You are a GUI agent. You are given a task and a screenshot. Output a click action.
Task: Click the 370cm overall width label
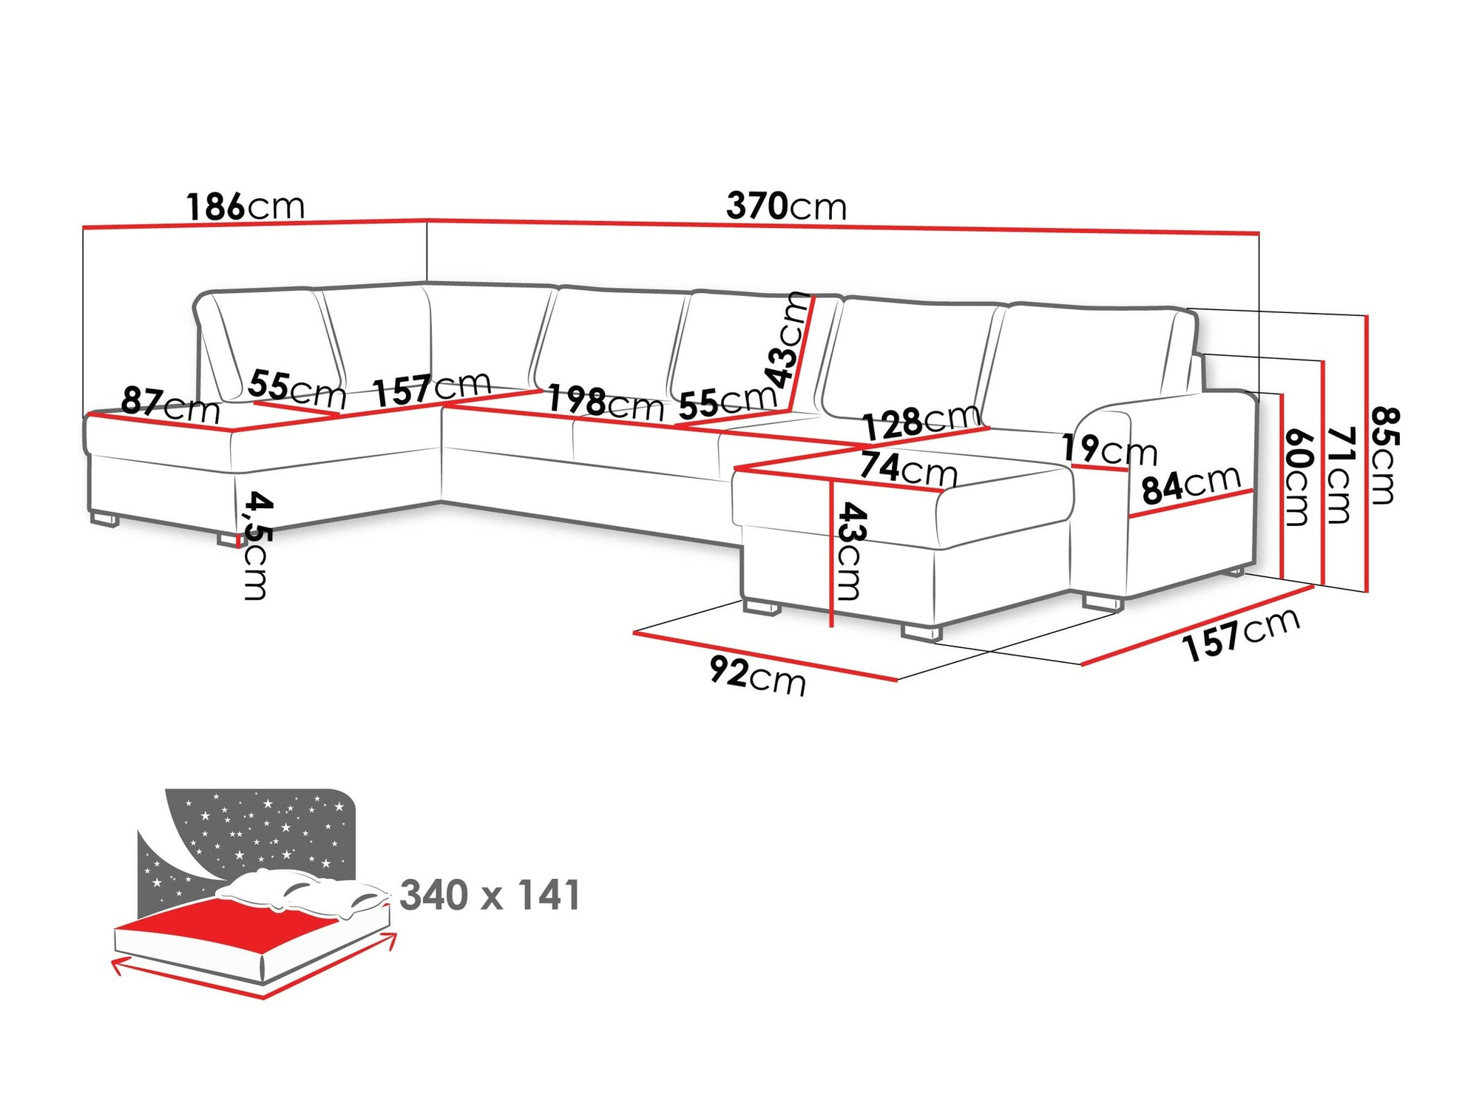pos(786,206)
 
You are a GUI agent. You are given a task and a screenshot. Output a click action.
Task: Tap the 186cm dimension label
pos(245,206)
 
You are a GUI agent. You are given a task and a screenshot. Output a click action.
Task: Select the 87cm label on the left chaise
pos(170,404)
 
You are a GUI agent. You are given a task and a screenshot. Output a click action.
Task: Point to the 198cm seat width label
pos(605,403)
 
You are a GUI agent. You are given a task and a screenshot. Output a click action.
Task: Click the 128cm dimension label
pos(921,422)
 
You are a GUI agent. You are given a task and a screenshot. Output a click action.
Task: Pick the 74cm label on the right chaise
pos(908,468)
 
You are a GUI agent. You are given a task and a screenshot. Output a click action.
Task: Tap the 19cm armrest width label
pos(1109,449)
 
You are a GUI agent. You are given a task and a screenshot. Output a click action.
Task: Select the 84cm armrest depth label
pos(1191,485)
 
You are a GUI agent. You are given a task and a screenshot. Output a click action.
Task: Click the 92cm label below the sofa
pos(757,675)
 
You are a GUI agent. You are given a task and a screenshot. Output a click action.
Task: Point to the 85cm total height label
pos(1383,455)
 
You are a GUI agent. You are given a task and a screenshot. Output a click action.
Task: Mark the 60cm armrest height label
pos(1298,477)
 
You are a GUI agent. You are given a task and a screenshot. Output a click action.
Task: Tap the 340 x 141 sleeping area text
pos(490,895)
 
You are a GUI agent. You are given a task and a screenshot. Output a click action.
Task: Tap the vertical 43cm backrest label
pos(788,340)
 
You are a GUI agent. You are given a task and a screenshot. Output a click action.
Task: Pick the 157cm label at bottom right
pos(1240,633)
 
